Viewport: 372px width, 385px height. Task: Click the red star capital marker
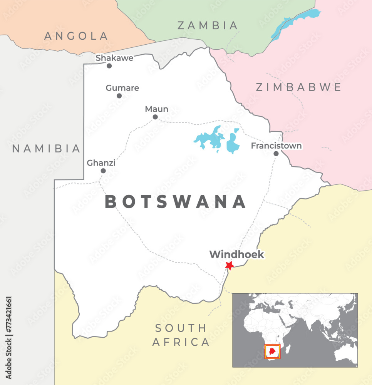pos(230,265)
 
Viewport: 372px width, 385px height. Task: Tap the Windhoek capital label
pos(237,254)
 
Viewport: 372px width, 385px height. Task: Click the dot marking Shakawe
pos(109,66)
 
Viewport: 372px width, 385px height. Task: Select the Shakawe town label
pos(114,58)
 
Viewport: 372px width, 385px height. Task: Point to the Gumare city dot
pos(119,96)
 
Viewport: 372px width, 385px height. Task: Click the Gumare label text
pos(122,88)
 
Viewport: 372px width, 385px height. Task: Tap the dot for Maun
pos(155,117)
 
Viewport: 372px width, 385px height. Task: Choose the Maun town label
pos(157,109)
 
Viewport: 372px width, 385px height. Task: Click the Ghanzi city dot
pos(103,171)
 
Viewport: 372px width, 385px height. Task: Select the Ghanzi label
pos(101,163)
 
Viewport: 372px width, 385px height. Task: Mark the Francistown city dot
pos(276,154)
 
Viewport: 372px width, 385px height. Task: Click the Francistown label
pos(276,146)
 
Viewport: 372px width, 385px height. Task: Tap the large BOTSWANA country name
pos(176,202)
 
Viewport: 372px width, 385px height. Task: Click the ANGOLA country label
pos(76,36)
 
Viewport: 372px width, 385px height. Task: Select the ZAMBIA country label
pos(208,26)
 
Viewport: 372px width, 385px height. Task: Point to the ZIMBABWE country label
pos(299,87)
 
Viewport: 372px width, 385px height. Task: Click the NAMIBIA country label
pos(47,149)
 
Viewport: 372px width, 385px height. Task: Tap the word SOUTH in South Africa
pos(181,328)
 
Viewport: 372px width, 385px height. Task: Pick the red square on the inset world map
pos(273,352)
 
